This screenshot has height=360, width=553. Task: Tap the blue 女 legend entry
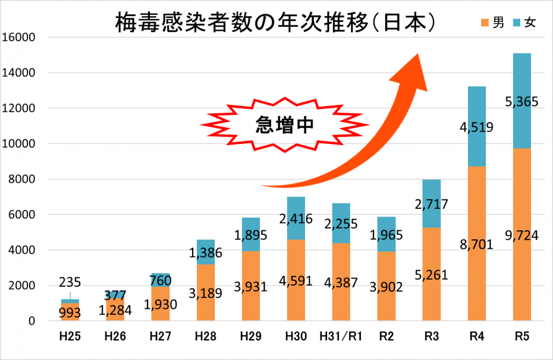click(523, 23)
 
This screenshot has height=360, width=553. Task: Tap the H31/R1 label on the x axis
click(340, 337)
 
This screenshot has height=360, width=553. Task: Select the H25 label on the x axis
click(70, 337)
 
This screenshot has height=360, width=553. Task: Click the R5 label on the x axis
click(521, 337)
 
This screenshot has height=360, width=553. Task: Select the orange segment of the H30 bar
click(296, 298)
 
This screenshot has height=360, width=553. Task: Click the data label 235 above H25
click(70, 282)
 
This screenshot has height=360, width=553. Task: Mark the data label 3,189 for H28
click(206, 293)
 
